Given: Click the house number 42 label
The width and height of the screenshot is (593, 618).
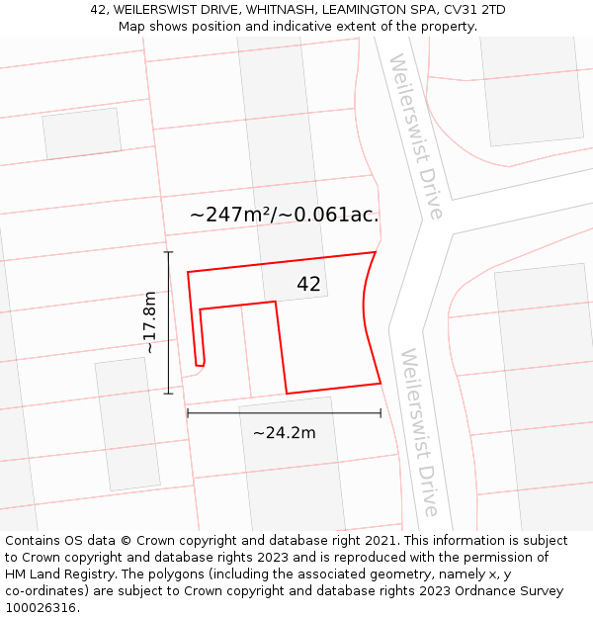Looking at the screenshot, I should (308, 285).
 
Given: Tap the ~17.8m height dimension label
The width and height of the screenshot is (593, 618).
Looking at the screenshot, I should (149, 322).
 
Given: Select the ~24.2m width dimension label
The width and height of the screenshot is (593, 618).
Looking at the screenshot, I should (284, 433).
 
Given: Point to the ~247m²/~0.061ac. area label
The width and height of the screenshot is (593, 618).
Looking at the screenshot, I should (284, 215).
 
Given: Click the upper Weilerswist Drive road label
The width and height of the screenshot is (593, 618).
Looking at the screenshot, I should (416, 136).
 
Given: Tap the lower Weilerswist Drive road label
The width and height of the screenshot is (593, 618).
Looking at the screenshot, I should (418, 432).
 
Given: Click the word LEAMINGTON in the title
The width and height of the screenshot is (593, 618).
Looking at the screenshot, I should (370, 10).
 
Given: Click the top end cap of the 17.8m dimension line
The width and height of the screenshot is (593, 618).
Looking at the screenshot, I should (168, 252).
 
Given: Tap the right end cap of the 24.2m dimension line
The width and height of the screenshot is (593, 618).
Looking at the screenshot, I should (381, 413).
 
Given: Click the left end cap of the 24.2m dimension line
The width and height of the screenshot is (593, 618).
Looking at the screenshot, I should (188, 413).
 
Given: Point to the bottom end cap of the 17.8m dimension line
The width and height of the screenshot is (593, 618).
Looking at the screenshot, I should (168, 394).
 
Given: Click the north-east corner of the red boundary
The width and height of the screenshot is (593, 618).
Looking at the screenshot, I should (376, 252).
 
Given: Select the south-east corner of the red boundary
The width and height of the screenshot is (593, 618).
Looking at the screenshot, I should (381, 383).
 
